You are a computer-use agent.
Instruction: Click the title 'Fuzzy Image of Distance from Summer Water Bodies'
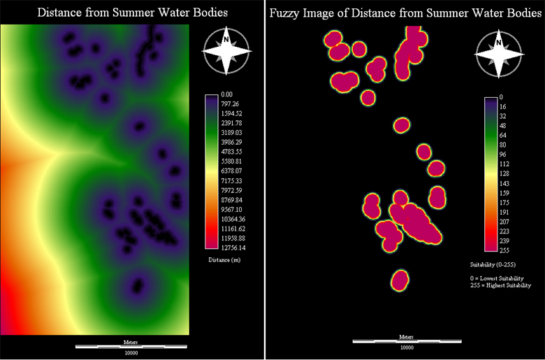(405, 13)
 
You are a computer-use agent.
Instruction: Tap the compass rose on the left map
(227, 50)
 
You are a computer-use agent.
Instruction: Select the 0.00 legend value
(226, 94)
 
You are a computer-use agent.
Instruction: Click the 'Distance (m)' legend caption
(224, 259)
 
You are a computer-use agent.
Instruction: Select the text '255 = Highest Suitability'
(500, 285)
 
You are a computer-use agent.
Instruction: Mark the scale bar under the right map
(407, 341)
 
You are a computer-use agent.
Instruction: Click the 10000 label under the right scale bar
(407, 348)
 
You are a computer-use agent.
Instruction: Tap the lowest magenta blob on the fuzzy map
(400, 281)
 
